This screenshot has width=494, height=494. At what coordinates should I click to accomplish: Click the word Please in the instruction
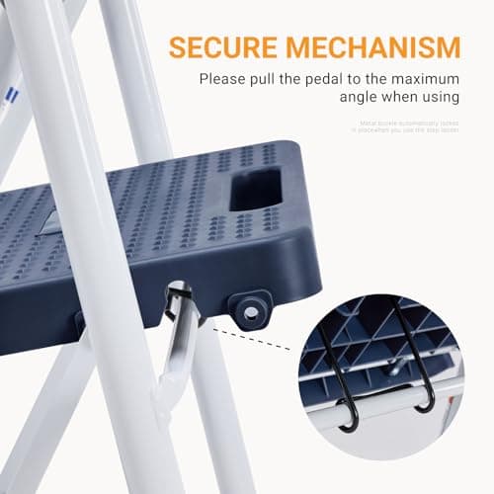[223, 80]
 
